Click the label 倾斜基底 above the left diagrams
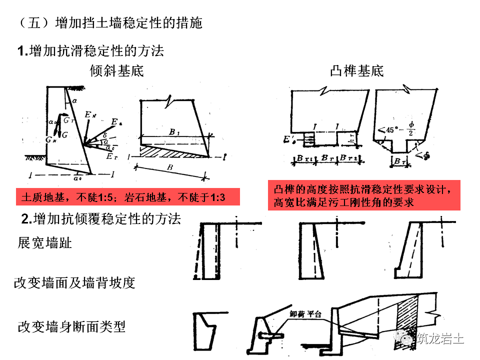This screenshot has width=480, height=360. click(x=116, y=71)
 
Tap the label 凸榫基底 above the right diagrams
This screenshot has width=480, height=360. click(x=357, y=71)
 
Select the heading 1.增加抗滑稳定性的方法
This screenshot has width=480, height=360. click(x=90, y=50)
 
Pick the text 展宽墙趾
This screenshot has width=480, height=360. click(x=45, y=243)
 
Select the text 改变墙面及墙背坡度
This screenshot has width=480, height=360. click(x=75, y=283)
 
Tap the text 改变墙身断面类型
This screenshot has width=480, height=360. click(x=71, y=327)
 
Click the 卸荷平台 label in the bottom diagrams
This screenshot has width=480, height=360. click(x=305, y=314)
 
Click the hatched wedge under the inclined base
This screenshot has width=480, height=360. click(x=170, y=151)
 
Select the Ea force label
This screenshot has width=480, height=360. click(x=115, y=122)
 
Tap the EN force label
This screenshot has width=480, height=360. click(x=90, y=115)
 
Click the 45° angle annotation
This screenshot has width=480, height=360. click(x=389, y=130)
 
